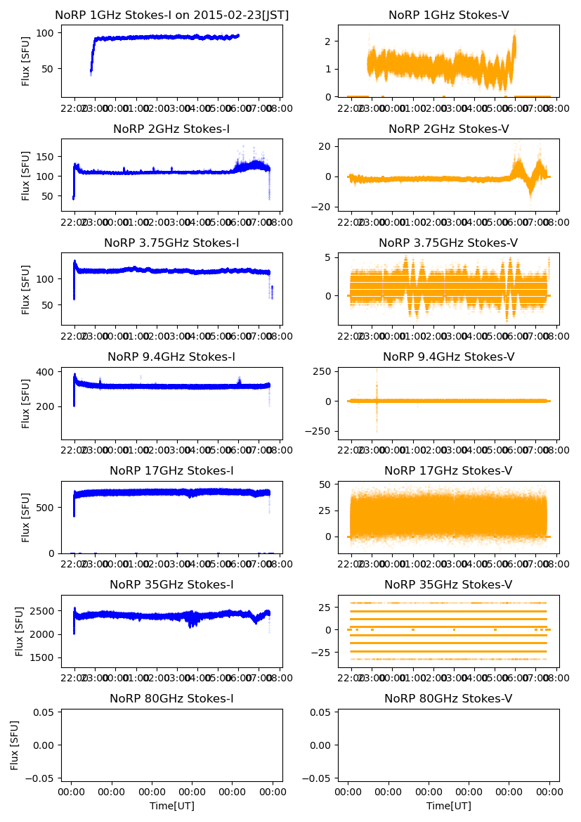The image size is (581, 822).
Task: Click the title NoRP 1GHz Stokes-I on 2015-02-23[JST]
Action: coord(172,15)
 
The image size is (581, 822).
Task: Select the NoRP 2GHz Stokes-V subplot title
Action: coord(448,129)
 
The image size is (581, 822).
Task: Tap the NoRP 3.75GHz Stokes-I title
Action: coord(172,243)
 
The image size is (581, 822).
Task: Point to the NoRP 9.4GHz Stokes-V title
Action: coord(448,357)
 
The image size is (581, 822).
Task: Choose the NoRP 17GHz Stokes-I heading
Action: coord(172,471)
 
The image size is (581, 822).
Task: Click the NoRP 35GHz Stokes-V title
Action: coord(448,585)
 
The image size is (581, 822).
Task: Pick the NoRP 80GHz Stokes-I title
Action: coord(172,699)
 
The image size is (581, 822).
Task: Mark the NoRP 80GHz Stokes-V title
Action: coord(448,699)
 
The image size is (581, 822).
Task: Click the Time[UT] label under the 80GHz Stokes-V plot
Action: coord(448,806)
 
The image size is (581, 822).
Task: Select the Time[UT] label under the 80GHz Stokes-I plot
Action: coord(172,806)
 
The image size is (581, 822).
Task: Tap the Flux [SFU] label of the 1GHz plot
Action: coord(26,61)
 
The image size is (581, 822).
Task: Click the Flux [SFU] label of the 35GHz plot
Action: coord(20,631)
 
